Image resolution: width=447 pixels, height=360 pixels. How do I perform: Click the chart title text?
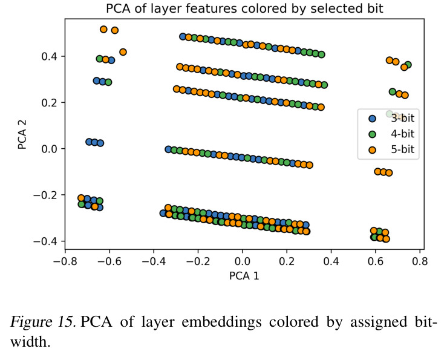point(244,8)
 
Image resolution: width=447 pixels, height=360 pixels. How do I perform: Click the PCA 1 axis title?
point(244,276)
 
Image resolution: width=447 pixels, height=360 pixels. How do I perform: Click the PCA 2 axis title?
point(22,134)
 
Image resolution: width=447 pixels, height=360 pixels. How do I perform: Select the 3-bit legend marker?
point(372,119)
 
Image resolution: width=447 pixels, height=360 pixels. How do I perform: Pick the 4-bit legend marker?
point(372,134)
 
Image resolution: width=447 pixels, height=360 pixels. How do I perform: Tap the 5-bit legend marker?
point(372,150)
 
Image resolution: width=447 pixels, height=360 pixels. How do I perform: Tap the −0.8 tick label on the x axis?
point(65,261)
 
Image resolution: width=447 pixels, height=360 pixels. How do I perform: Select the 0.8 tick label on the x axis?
point(420,261)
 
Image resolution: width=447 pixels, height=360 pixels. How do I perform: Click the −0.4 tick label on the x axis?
point(154,261)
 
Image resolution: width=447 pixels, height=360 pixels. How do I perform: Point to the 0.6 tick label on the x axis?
point(376,261)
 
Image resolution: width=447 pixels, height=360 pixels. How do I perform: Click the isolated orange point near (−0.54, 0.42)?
point(123,52)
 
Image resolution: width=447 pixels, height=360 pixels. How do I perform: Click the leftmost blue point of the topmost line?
point(183,36)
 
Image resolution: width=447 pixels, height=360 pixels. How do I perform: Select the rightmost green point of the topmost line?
point(321,54)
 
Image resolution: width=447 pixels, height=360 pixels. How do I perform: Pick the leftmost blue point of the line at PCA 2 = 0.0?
point(168,149)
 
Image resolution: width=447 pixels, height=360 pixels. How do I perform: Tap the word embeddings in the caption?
point(221,322)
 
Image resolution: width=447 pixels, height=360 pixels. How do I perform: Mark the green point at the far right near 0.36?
point(408,65)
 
